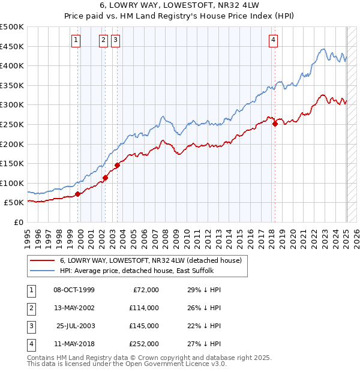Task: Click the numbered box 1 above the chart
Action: tap(76, 40)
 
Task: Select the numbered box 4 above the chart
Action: tap(273, 40)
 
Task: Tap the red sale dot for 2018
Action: tap(275, 124)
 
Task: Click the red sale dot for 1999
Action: tap(78, 194)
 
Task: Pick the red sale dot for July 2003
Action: tap(117, 166)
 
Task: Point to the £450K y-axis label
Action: tap(12, 46)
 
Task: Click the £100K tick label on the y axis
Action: tap(12, 183)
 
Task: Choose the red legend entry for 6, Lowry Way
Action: tap(150, 260)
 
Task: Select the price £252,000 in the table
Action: tap(144, 344)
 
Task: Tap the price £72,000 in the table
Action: tap(146, 290)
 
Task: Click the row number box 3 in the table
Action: tap(31, 326)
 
